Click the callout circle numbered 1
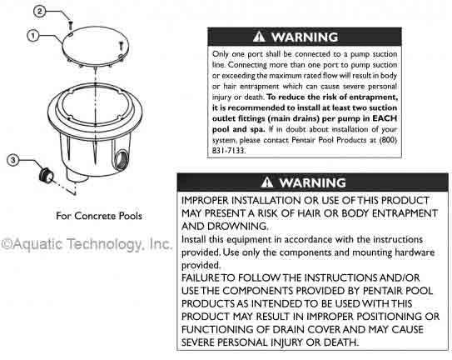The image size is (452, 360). [x=33, y=36]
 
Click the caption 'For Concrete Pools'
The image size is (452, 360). [x=99, y=216]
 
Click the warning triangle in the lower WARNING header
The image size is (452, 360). [x=266, y=182]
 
